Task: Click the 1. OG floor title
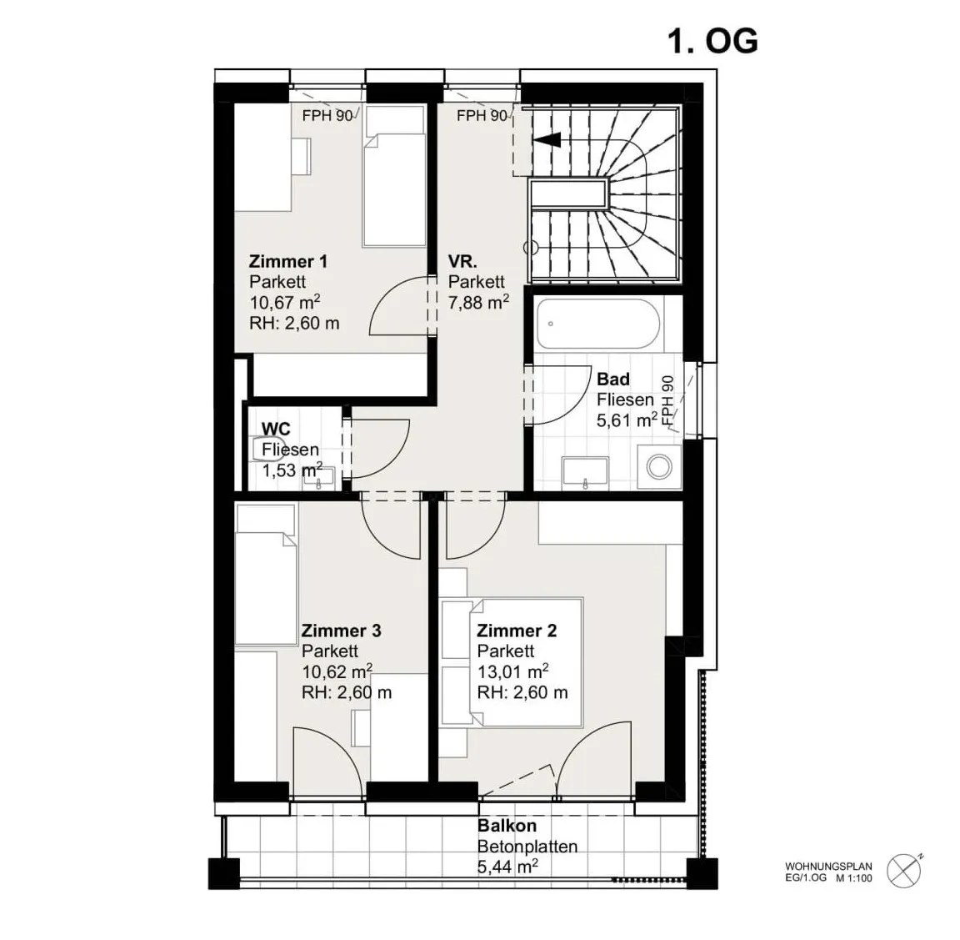click(x=712, y=42)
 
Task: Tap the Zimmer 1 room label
click(x=287, y=262)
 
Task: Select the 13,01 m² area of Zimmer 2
click(x=512, y=671)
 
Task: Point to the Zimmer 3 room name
click(x=341, y=631)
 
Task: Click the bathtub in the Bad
click(x=598, y=324)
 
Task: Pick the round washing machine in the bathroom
click(x=659, y=466)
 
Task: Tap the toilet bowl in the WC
click(x=268, y=447)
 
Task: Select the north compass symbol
click(x=905, y=871)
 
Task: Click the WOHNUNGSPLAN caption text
click(x=828, y=867)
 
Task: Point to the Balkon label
click(x=507, y=826)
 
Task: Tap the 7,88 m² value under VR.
click(x=478, y=302)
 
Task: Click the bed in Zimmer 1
click(x=394, y=177)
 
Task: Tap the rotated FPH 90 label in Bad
click(x=667, y=401)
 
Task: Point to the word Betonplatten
click(x=527, y=847)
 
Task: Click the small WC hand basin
click(x=319, y=478)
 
